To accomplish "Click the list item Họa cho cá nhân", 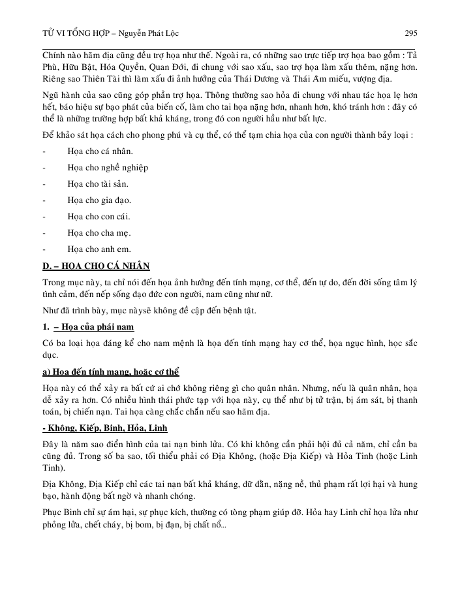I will [x=95, y=151].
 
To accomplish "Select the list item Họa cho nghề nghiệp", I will [x=108, y=167].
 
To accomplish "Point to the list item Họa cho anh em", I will [x=99, y=249].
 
